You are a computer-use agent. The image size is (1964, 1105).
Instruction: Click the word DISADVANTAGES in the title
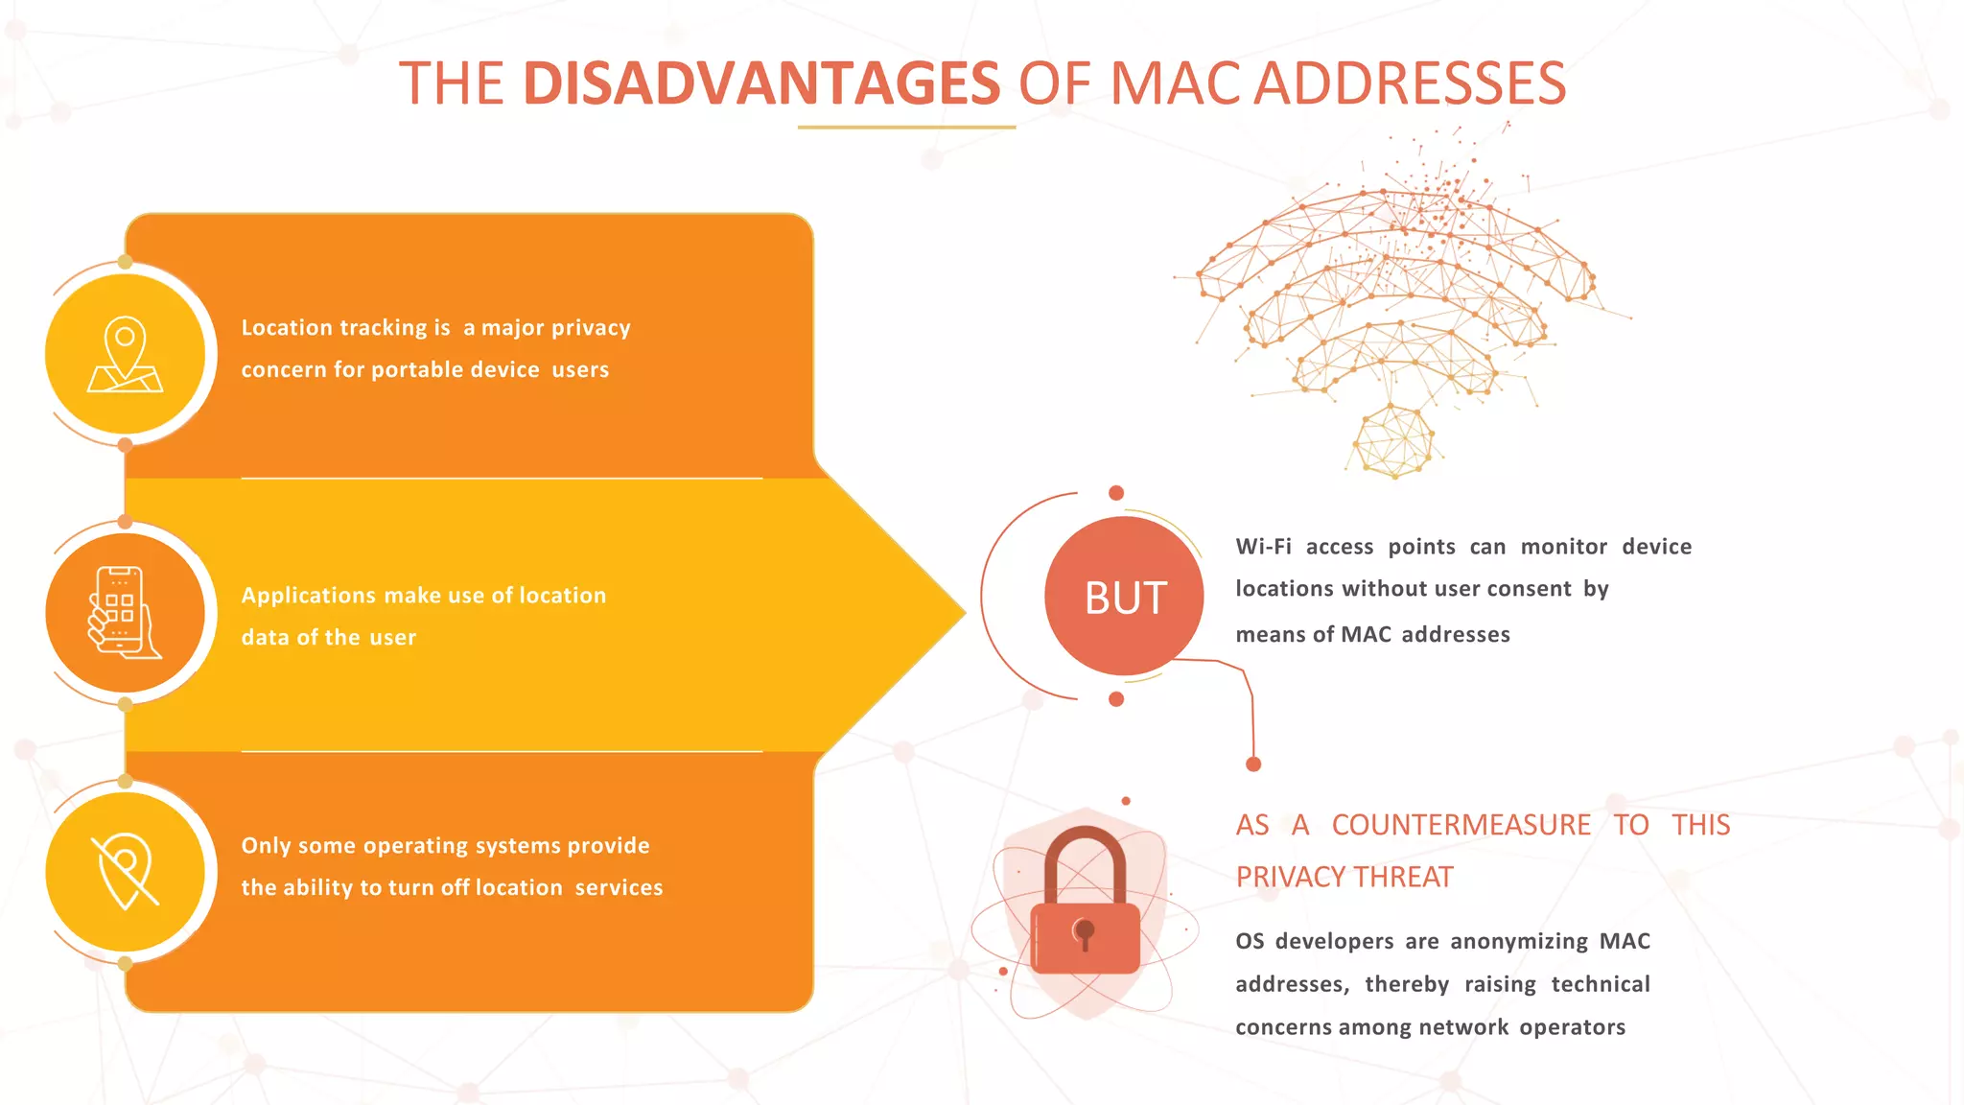(x=761, y=83)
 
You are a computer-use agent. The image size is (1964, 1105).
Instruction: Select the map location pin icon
(x=125, y=354)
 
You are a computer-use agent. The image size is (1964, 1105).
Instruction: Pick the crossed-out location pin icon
(x=125, y=872)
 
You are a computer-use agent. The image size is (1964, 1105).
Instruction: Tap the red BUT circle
(x=1124, y=597)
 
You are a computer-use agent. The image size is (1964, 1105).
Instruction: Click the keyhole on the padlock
(x=1085, y=931)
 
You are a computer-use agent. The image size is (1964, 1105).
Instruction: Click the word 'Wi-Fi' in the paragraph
(x=1263, y=547)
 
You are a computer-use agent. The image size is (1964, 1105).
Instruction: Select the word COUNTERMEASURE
(x=1461, y=825)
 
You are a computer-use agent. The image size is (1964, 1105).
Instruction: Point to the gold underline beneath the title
(x=906, y=127)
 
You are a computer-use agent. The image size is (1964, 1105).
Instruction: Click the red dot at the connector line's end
(x=1253, y=764)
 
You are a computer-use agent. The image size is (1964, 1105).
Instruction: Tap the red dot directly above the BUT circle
(x=1116, y=493)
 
